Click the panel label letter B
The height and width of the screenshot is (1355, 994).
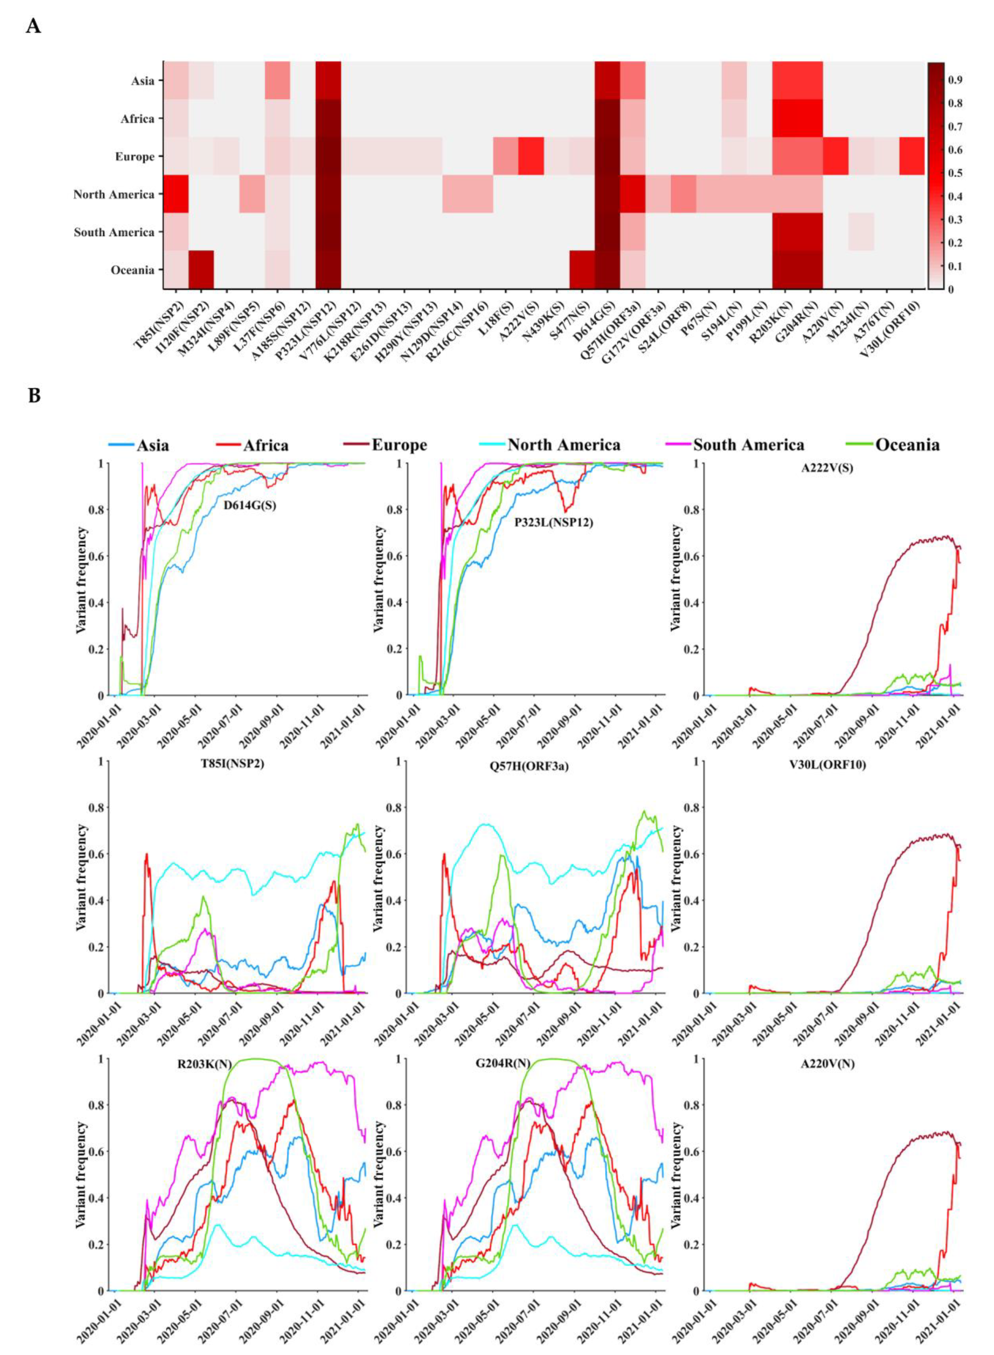tap(34, 396)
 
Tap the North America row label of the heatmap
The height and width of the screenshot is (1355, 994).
tap(114, 194)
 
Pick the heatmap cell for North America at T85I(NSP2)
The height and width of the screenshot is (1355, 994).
tap(176, 194)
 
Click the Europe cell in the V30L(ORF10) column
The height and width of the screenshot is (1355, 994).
tap(911, 156)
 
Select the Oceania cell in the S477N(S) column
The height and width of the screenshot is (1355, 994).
tap(582, 270)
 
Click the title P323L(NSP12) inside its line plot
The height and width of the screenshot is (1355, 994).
tap(553, 523)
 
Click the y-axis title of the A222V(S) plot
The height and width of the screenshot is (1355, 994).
tap(677, 579)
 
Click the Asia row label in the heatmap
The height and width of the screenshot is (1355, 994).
tap(143, 80)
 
